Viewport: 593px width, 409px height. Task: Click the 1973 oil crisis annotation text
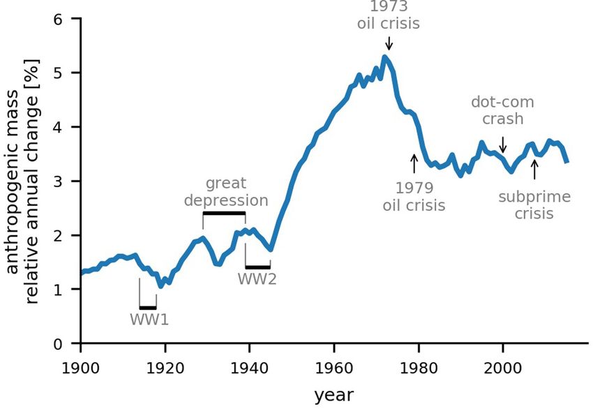pos(389,15)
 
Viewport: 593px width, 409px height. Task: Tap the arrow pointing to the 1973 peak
pos(389,43)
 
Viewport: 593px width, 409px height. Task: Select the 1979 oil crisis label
pos(414,197)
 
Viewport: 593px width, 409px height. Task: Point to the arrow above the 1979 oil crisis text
pos(414,163)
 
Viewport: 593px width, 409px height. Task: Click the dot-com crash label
pos(502,110)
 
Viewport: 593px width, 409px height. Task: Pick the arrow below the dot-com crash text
pos(503,144)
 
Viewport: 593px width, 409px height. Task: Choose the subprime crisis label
pos(534,205)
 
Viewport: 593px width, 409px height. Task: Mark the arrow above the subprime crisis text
pos(534,169)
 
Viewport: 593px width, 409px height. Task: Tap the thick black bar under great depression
pos(224,213)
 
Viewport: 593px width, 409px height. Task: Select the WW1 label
pos(149,320)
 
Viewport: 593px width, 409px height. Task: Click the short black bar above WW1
pos(148,307)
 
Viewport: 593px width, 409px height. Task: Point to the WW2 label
pos(257,279)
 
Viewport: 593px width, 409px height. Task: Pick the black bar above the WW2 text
pos(257,267)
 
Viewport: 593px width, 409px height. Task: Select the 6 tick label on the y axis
pos(68,19)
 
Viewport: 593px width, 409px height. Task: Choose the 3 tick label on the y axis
pos(68,181)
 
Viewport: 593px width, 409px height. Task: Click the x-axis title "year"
pos(333,395)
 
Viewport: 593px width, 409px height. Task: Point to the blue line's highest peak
pos(384,57)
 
